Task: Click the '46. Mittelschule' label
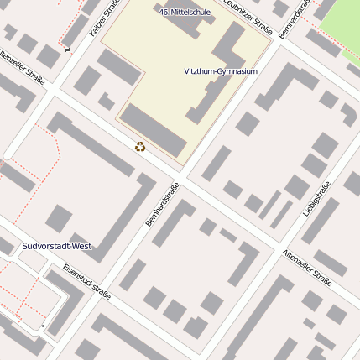(x=184, y=13)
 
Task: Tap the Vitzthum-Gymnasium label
(x=220, y=71)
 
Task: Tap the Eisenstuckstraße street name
(x=86, y=282)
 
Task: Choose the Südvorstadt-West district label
(x=56, y=247)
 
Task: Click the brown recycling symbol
(x=140, y=147)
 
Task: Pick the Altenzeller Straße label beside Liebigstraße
(x=307, y=268)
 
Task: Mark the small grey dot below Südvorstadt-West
(x=42, y=325)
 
